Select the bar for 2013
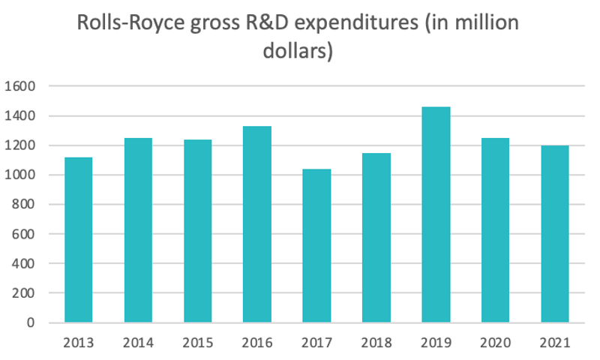coord(79,240)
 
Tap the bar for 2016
coord(257,224)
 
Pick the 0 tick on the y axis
coord(31,322)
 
